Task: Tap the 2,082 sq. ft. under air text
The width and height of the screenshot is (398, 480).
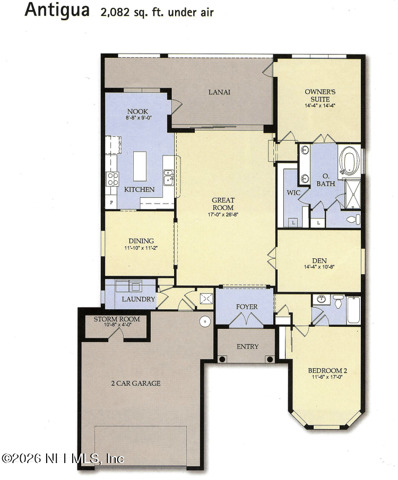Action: [157, 12]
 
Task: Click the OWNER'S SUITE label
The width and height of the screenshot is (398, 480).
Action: [320, 95]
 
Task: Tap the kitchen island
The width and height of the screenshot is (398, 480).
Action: [140, 166]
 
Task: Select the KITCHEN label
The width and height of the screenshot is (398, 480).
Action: [139, 189]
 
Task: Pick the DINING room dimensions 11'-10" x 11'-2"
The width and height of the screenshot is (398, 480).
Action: [141, 248]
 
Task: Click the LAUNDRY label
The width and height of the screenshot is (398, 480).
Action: [139, 300]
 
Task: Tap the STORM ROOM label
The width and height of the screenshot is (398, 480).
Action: [117, 319]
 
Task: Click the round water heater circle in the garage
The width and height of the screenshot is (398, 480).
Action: [205, 321]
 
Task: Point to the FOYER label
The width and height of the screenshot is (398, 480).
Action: [247, 307]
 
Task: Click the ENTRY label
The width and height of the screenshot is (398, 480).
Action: [247, 346]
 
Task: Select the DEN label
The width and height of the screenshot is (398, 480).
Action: [319, 260]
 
